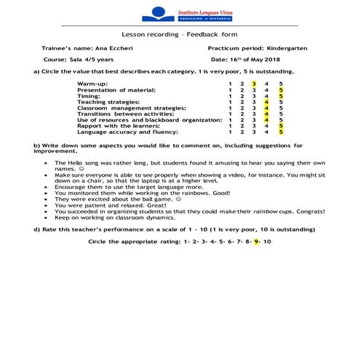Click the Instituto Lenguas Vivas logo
coord(180,13)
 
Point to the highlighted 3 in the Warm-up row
coord(254,84)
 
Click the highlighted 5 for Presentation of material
coord(280,89)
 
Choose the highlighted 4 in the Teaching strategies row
coord(267,102)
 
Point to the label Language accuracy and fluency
coord(119,132)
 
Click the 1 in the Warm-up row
coord(230,84)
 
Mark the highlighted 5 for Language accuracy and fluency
coord(280,132)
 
